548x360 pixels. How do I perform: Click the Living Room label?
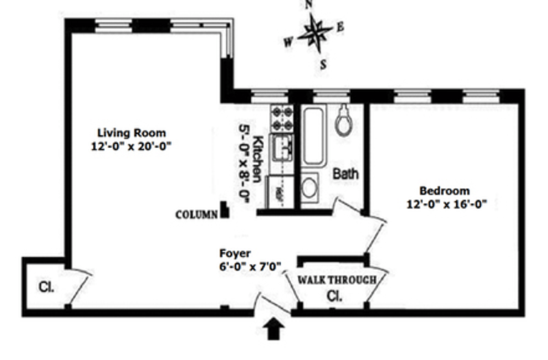pyautogui.click(x=132, y=132)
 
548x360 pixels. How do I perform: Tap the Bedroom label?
pyautogui.click(x=445, y=191)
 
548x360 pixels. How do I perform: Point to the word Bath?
pyautogui.click(x=345, y=175)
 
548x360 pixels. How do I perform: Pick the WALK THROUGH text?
pyautogui.click(x=336, y=279)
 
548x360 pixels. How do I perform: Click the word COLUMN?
pyautogui.click(x=197, y=214)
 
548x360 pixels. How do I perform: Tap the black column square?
pyautogui.click(x=224, y=210)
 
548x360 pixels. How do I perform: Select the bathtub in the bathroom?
pyautogui.click(x=314, y=136)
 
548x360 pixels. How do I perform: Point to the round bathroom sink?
pyautogui.click(x=310, y=187)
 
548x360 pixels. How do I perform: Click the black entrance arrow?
pyautogui.click(x=274, y=331)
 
